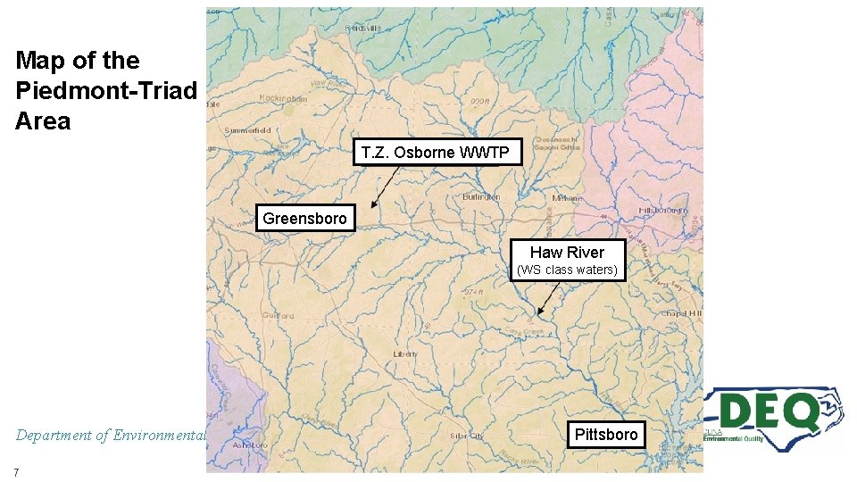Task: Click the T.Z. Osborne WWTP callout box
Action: pyautogui.click(x=436, y=153)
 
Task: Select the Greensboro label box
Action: pyautogui.click(x=305, y=219)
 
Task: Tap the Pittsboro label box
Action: pyautogui.click(x=606, y=435)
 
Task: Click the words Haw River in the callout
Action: pyautogui.click(x=567, y=253)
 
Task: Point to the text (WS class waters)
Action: pyautogui.click(x=567, y=270)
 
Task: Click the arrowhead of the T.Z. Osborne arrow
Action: pyautogui.click(x=373, y=206)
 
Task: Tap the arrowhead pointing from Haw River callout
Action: pyautogui.click(x=539, y=313)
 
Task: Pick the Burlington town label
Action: pyautogui.click(x=481, y=196)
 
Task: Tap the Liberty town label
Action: pyautogui.click(x=405, y=354)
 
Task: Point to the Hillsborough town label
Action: pyautogui.click(x=662, y=210)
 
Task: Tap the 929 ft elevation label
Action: pyautogui.click(x=481, y=103)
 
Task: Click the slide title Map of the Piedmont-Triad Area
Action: pyautogui.click(x=105, y=91)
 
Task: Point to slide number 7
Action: pyautogui.click(x=17, y=470)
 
